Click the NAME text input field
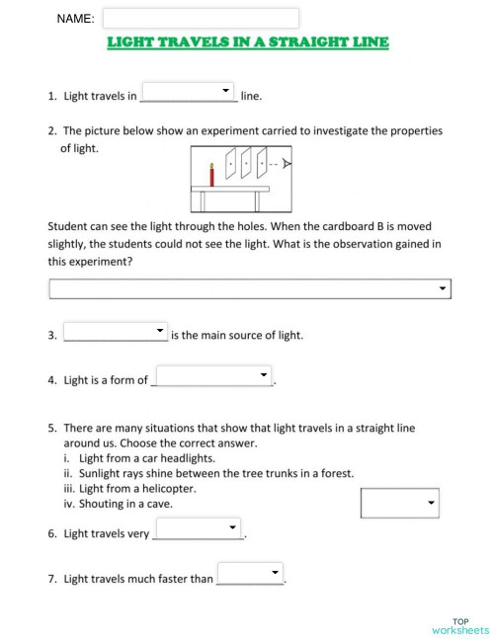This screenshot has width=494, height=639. (x=201, y=19)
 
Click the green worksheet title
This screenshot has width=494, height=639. (x=247, y=42)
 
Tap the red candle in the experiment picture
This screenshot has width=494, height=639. (x=210, y=175)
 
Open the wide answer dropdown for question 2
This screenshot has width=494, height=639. (x=250, y=288)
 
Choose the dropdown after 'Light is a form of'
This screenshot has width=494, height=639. (x=212, y=376)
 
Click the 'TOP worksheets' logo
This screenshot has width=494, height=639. (x=460, y=624)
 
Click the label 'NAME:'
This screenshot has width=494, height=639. (x=75, y=19)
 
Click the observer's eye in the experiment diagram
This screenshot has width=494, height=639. (x=288, y=164)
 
